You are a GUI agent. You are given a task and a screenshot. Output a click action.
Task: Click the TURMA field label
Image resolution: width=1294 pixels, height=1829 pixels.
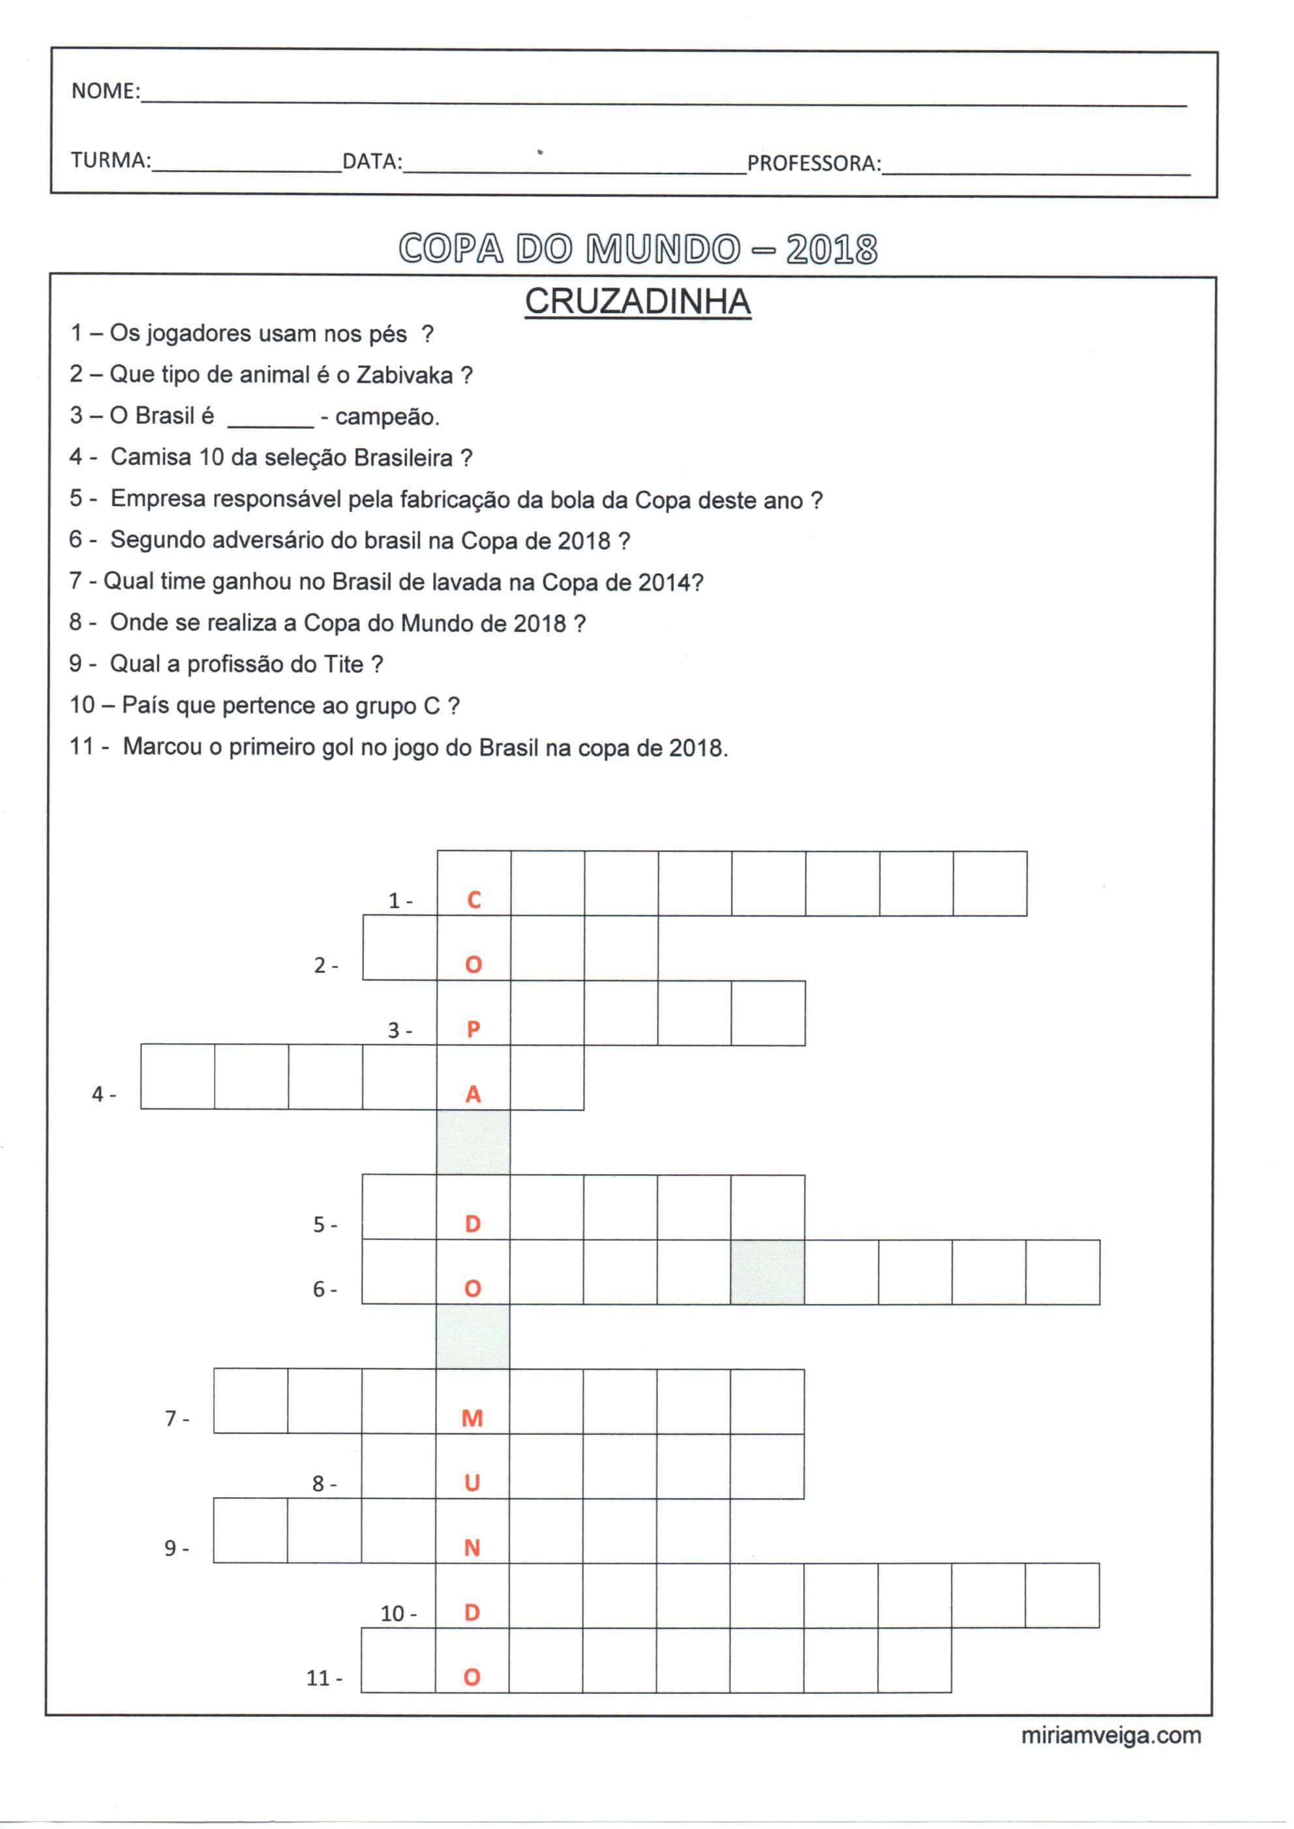(111, 160)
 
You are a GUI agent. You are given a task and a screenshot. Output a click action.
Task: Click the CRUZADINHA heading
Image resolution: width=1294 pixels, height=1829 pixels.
(637, 302)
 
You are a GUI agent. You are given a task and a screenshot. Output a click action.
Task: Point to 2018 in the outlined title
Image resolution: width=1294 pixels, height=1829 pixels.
(831, 249)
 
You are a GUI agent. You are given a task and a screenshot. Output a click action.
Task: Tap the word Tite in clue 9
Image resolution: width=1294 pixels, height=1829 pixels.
(344, 664)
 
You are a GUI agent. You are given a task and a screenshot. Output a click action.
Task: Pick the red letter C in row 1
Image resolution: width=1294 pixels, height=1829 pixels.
(474, 900)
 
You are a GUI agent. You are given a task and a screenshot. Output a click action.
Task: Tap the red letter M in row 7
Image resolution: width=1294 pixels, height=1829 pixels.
(472, 1418)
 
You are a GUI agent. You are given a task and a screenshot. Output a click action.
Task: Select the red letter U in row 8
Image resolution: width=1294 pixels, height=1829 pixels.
(472, 1483)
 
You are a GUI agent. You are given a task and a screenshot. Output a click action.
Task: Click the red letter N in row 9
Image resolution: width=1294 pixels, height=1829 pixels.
(472, 1548)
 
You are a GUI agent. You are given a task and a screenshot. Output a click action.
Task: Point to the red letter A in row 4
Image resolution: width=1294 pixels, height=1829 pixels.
(474, 1095)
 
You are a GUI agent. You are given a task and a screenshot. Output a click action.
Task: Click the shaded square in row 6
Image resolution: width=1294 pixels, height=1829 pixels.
(767, 1272)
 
